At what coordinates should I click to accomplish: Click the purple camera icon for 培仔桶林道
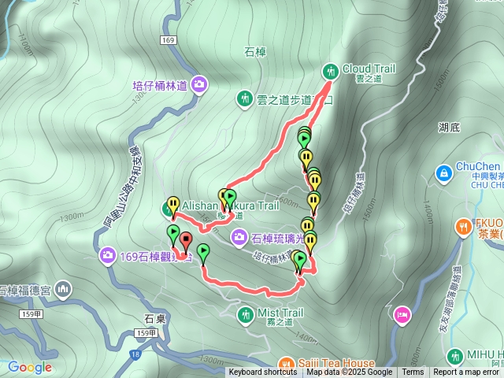point(199,83)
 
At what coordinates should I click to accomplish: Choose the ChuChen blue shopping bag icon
point(443,170)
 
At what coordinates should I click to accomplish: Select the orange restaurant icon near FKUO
point(461,228)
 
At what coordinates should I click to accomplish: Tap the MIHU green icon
point(454,356)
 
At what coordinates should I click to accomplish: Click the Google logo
point(30,367)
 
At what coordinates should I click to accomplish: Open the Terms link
point(413,372)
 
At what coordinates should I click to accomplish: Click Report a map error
point(468,372)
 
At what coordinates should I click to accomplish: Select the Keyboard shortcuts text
point(262,372)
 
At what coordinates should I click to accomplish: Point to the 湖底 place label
point(450,126)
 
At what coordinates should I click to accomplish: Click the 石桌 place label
point(154,319)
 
